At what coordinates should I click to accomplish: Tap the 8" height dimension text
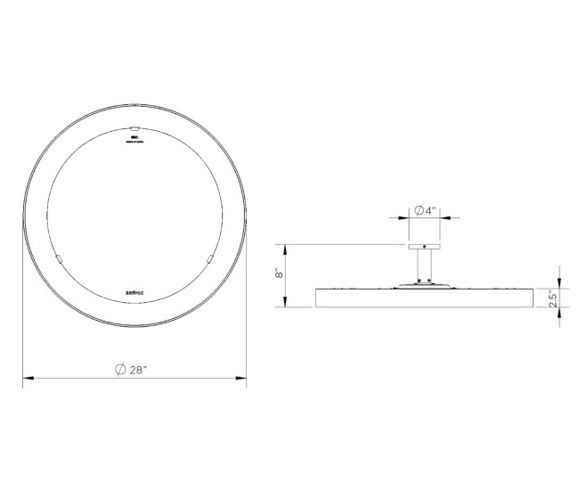coord(278,275)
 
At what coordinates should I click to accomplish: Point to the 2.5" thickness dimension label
coord(553,298)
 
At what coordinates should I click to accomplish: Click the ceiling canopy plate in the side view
coord(424,246)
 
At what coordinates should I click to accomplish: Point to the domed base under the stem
coord(424,284)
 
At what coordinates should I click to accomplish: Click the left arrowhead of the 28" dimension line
coord(28,380)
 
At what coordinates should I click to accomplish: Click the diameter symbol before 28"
coord(120,370)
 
